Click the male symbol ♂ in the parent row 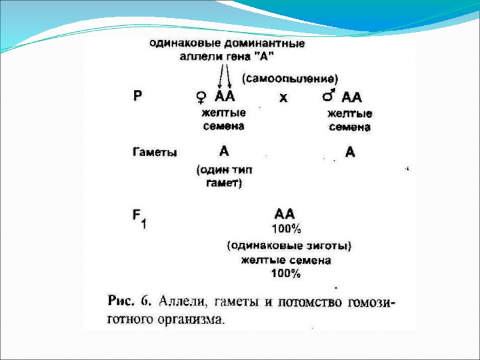click(x=328, y=95)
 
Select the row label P click(x=137, y=96)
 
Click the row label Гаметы click(x=154, y=152)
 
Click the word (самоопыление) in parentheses click(x=290, y=79)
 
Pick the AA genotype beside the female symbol click(x=225, y=96)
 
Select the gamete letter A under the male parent click(x=350, y=152)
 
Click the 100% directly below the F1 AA click(x=286, y=229)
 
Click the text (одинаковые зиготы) click(x=288, y=245)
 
